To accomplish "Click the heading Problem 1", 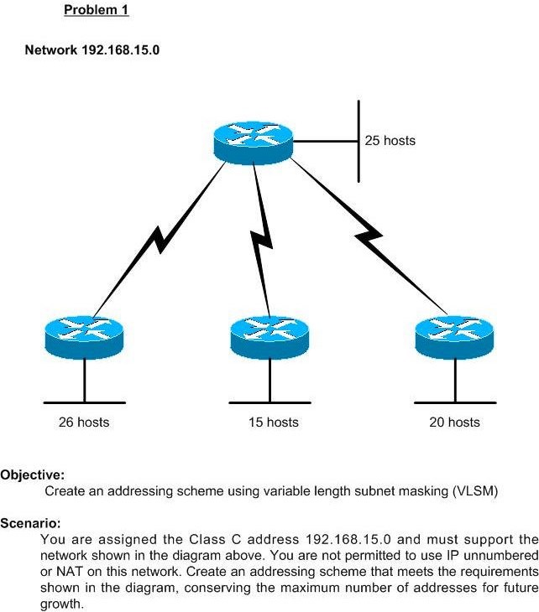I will (x=97, y=11).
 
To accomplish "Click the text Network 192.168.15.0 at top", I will (x=92, y=50).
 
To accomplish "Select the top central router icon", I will (x=253, y=140).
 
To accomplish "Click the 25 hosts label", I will (x=390, y=140).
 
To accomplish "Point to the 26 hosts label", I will (x=83, y=422).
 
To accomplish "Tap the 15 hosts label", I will (x=273, y=422).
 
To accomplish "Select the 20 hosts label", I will (x=454, y=422).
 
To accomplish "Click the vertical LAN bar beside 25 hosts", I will (x=358, y=141).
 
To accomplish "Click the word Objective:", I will (x=32, y=475).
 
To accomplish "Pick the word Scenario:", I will (x=30, y=523).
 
